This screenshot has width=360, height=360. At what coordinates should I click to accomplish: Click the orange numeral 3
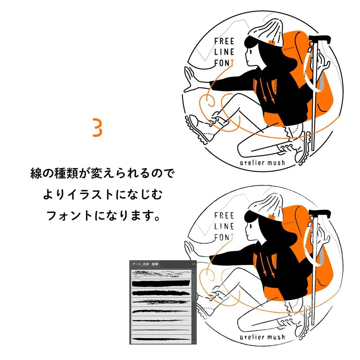click(x=97, y=128)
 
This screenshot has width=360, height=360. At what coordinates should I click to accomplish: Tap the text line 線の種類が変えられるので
click(x=102, y=174)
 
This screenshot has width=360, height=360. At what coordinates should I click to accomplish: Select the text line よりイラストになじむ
click(x=102, y=195)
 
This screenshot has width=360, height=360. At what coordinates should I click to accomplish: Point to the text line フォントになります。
click(x=102, y=216)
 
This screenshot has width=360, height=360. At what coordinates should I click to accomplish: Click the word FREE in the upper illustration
click(x=224, y=41)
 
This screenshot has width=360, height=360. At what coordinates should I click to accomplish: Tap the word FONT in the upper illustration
click(x=224, y=63)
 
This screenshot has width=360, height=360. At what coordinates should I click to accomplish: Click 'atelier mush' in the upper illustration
click(x=262, y=163)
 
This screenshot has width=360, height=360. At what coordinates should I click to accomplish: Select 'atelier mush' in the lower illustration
click(x=262, y=337)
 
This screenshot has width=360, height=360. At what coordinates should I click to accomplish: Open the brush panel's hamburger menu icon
click(x=193, y=264)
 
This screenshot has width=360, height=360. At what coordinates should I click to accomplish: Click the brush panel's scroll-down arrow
click(x=193, y=341)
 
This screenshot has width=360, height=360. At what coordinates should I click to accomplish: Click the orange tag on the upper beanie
click(x=271, y=42)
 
